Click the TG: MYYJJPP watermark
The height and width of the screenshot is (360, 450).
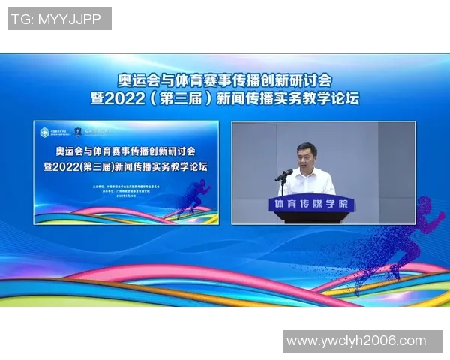pos(59,19)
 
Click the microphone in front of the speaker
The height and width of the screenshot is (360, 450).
pos(283,175)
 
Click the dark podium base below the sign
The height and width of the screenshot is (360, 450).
pos(311,217)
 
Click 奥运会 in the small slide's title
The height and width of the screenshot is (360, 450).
pos(62,149)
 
